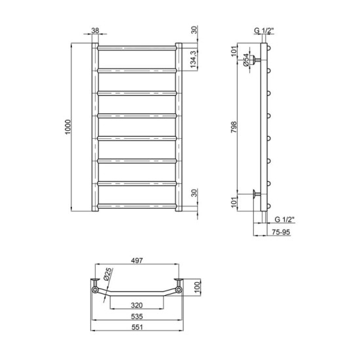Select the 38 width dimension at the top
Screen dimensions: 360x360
tap(96, 31)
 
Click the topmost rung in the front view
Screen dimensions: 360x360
tap(137, 48)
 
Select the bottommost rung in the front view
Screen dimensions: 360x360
tap(137, 207)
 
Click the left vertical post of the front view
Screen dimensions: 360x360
tap(96, 128)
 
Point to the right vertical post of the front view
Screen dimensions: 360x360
tap(179, 128)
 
